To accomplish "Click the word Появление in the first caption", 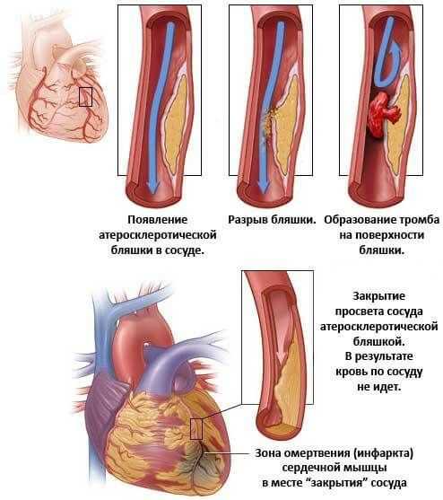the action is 157,220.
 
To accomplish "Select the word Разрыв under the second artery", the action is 248,220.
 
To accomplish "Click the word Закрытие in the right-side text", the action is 378,296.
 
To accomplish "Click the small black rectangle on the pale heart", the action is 85,97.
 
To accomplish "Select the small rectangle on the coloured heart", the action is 196,429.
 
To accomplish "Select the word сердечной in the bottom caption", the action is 302,468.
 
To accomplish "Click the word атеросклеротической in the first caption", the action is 158,235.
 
